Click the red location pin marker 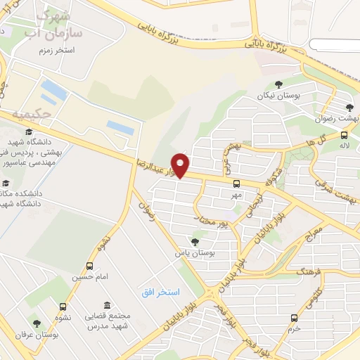click(181, 165)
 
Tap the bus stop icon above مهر click(236, 184)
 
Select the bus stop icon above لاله click(343, 135)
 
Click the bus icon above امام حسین click(89, 266)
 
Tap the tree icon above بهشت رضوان click(349, 108)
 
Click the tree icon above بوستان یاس click(195, 241)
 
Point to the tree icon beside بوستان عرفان click(37, 323)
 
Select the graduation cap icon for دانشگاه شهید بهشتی click(29, 131)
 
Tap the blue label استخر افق click(160, 291)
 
